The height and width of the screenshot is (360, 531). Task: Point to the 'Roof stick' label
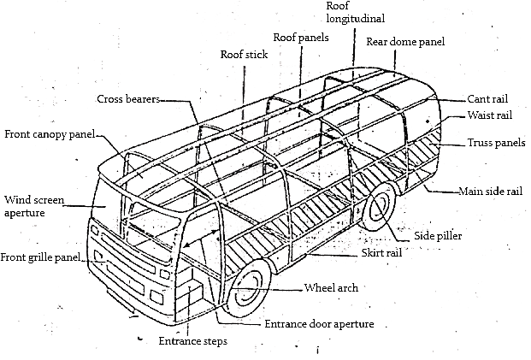pos(244,55)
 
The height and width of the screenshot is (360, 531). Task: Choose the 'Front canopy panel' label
pos(49,134)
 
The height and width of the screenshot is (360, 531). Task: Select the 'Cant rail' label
pos(489,99)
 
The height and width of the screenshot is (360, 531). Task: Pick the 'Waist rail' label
pos(490,115)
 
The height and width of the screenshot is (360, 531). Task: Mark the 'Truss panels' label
pos(496,143)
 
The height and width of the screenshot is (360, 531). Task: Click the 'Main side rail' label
pos(490,191)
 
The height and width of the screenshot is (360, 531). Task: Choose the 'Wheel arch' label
pos(332,287)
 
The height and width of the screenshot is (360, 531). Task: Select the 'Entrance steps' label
pos(192,343)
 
